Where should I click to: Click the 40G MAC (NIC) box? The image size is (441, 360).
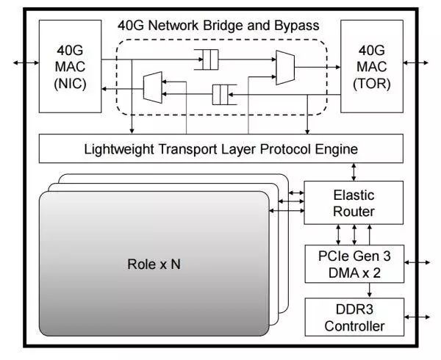click(70, 66)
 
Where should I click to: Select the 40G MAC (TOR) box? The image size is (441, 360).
click(372, 66)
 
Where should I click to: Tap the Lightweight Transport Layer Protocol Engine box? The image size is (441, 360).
click(220, 148)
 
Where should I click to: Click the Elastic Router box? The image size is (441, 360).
click(354, 203)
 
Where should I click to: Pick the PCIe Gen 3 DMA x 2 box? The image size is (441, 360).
click(354, 264)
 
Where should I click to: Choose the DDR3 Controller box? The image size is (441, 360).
click(354, 317)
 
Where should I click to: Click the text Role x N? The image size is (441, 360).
click(154, 264)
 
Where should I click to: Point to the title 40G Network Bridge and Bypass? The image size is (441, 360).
click(218, 26)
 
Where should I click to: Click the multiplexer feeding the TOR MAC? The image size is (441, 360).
click(285, 68)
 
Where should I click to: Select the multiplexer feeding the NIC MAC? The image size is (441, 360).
click(153, 87)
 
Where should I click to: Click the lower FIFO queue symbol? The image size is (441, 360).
click(224, 95)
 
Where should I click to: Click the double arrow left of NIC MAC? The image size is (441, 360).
click(26, 62)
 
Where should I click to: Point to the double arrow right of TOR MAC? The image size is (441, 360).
click(416, 62)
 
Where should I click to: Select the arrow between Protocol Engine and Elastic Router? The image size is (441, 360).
click(354, 172)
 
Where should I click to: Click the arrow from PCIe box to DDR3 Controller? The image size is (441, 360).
click(370, 290)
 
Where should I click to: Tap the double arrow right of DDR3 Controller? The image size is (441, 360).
click(417, 317)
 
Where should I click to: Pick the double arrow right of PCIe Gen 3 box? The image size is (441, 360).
click(417, 262)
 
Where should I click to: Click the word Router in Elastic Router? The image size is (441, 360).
click(354, 212)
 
